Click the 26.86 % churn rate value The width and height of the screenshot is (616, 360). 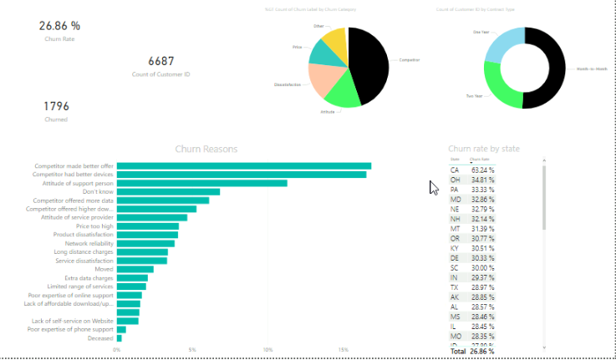click(59, 26)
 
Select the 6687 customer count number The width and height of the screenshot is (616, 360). click(160, 61)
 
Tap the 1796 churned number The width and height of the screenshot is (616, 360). click(56, 106)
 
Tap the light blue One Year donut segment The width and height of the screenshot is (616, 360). click(502, 43)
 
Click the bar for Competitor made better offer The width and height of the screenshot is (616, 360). click(242, 166)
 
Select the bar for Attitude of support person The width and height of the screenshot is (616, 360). click(201, 183)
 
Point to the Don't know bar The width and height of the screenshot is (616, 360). click(167, 192)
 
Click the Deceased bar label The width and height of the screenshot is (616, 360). click(99, 338)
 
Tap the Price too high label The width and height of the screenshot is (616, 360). click(94, 226)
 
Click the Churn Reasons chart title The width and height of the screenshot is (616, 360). click(206, 149)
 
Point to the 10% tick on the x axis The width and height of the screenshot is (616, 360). click(267, 350)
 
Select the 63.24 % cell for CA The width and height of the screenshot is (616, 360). click(482, 170)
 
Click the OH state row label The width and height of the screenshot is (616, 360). click(455, 180)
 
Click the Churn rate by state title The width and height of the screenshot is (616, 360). click(484, 149)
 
